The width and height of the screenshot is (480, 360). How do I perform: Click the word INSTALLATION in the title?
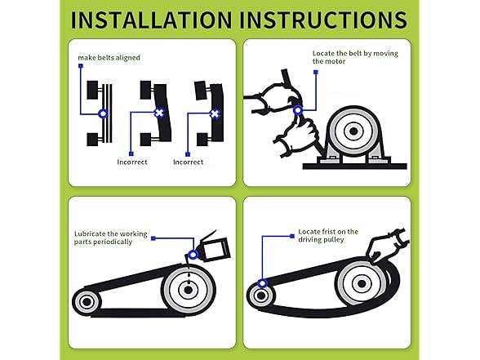(x=151, y=20)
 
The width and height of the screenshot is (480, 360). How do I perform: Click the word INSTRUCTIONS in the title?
(x=323, y=20)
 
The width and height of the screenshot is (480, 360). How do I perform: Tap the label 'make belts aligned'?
(x=109, y=57)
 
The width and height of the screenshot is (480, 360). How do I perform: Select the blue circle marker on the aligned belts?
(x=103, y=114)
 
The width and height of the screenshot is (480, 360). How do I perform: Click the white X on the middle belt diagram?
(x=159, y=113)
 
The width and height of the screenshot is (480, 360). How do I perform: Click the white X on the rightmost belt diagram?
(x=215, y=114)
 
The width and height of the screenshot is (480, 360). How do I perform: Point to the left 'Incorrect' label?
(x=132, y=162)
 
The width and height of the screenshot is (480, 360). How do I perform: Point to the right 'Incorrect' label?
(x=188, y=162)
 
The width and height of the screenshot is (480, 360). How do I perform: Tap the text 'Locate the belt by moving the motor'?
(x=355, y=57)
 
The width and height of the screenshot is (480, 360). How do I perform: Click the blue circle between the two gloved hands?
(x=297, y=110)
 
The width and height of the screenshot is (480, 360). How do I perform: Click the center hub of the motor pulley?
(x=353, y=131)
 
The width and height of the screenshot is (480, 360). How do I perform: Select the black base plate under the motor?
(x=355, y=167)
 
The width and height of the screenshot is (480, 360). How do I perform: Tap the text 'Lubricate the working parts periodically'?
(x=110, y=238)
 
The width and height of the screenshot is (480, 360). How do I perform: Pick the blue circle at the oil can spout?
(x=193, y=255)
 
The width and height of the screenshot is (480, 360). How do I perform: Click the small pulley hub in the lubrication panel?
(x=87, y=302)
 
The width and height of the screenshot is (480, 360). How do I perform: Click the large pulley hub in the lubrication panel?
(x=188, y=290)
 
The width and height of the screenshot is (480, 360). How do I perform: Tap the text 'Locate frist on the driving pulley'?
(x=328, y=236)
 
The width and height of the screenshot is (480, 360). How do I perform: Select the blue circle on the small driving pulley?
(x=262, y=283)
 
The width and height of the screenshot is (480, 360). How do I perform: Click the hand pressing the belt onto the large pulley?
(x=385, y=247)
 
